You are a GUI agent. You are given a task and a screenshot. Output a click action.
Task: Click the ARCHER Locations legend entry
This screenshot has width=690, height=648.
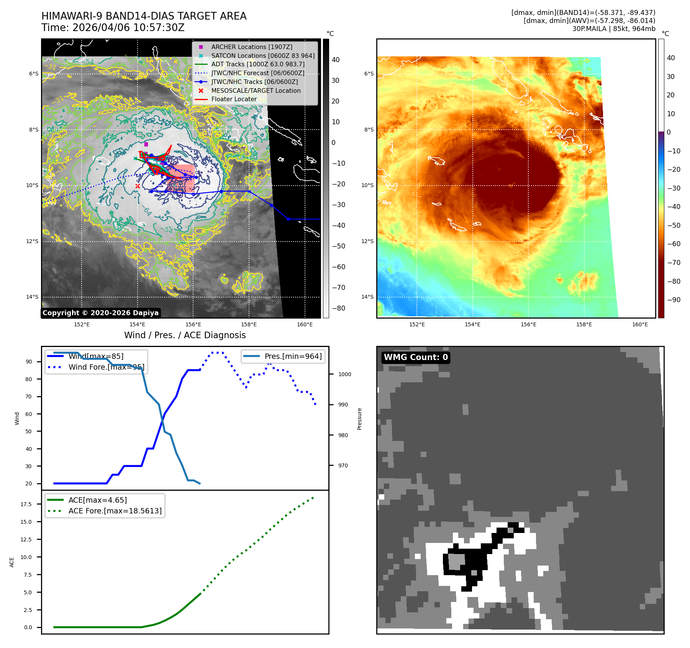coord(251,47)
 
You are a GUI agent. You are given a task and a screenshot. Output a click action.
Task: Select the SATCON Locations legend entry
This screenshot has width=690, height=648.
coord(262,56)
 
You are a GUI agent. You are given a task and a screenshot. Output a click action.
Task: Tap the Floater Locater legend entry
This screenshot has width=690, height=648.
coord(234,99)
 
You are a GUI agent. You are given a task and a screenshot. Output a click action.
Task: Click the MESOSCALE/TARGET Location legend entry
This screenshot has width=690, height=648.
coord(256,90)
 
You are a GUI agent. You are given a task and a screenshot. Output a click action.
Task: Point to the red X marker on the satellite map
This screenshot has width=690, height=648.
coord(138,186)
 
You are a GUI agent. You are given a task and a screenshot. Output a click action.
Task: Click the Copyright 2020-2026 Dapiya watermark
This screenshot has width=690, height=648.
coord(100,313)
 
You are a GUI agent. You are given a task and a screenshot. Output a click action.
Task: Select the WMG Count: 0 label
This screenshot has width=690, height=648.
coord(416,357)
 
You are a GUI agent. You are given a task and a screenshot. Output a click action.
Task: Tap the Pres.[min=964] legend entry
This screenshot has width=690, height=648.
coord(293,356)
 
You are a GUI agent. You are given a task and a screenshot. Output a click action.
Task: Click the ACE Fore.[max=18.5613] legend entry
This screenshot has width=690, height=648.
coord(115,511)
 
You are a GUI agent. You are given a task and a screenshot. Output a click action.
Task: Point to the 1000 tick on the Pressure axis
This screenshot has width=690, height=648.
coord(344,374)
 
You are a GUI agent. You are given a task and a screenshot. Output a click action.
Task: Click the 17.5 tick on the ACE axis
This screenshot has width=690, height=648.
coord(26,504)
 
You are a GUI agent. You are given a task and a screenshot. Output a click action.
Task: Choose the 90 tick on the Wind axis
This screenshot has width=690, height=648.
coord(29,362)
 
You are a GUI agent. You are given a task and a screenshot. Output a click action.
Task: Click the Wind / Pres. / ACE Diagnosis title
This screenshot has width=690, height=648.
coord(185,335)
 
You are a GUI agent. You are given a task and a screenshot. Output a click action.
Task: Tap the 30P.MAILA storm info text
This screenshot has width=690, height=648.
coord(613,29)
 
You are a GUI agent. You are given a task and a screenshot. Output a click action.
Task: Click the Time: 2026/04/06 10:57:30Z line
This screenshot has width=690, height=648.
coord(113,28)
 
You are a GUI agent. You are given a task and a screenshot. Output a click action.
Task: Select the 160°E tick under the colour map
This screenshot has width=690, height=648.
coord(640,324)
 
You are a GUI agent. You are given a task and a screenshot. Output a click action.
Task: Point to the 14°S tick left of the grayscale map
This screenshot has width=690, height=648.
coord(32,297)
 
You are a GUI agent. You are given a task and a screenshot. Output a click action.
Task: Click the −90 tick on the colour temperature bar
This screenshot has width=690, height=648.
coord(674,300)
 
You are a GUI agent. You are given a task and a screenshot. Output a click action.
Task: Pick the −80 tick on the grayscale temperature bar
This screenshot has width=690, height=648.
coord(338,308)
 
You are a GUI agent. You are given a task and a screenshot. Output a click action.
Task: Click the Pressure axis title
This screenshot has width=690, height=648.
coord(359,419)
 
